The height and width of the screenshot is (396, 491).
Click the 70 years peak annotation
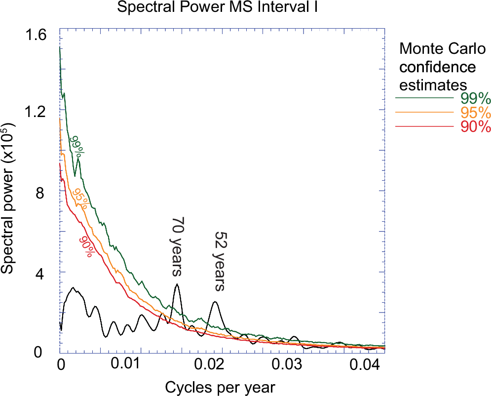pyautogui.click(x=177, y=247)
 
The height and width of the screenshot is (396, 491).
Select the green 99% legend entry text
pyautogui.click(x=475, y=97)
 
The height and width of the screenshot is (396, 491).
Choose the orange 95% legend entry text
pyautogui.click(x=475, y=112)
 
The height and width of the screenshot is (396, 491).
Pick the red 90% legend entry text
pyautogui.click(x=475, y=127)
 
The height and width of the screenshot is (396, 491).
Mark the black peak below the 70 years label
pyautogui.click(x=177, y=285)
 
